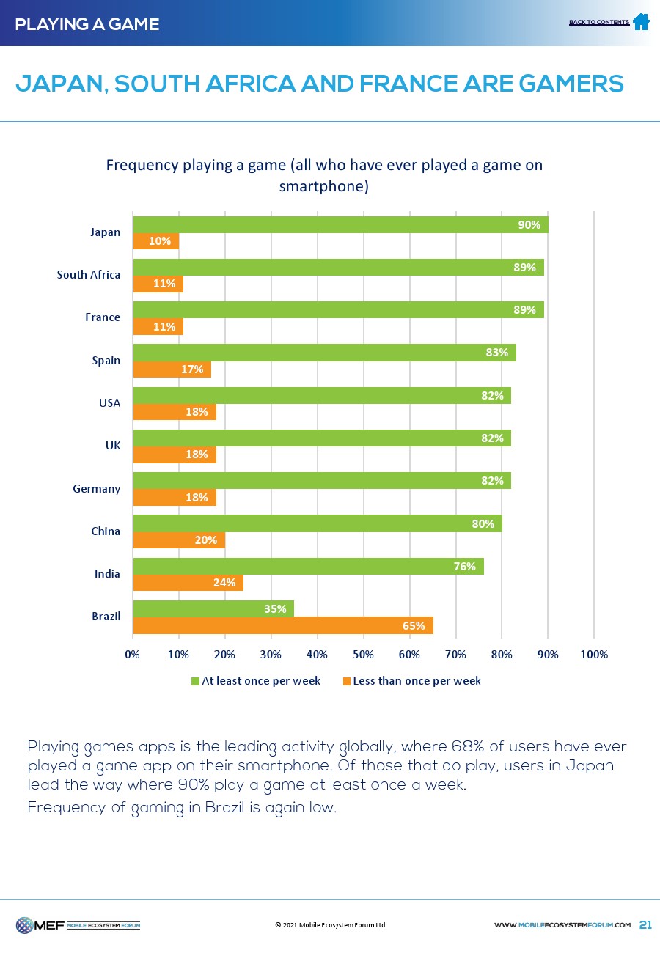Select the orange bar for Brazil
(x=283, y=625)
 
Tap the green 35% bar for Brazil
(x=213, y=608)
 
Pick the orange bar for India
(x=188, y=583)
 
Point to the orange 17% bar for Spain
(x=172, y=369)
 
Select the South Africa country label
(x=89, y=275)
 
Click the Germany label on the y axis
(x=96, y=488)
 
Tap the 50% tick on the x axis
(x=363, y=654)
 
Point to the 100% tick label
(x=594, y=654)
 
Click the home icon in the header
(x=641, y=22)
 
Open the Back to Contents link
(x=598, y=23)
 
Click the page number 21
(x=645, y=925)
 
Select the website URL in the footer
(x=562, y=925)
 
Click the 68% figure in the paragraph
(x=465, y=747)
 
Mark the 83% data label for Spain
(x=496, y=353)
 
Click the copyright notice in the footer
(x=330, y=925)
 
